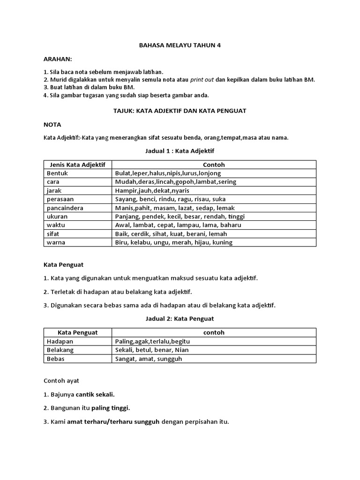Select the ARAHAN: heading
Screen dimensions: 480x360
[58, 59]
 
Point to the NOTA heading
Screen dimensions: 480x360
[52, 125]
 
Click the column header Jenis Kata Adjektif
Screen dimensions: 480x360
[77, 165]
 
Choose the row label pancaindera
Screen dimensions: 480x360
[65, 208]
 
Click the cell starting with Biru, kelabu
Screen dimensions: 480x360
[173, 242]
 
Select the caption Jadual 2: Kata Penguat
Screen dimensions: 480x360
[180, 319]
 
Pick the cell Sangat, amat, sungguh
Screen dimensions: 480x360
[149, 359]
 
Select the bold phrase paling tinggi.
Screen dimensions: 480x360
[111, 408]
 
